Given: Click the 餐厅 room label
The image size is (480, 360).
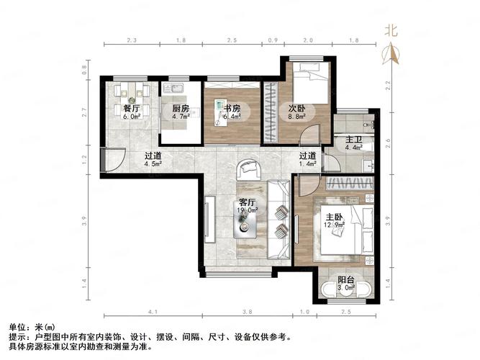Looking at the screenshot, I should point(130,109).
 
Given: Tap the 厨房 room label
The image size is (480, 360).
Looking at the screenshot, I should point(180,109).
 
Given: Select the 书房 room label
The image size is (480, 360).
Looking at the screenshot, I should point(230,109).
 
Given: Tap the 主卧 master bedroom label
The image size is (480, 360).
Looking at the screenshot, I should point(333,215).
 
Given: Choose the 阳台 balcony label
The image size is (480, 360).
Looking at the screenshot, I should point(346,281).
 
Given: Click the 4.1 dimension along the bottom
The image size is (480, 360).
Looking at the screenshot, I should point(153,312).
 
